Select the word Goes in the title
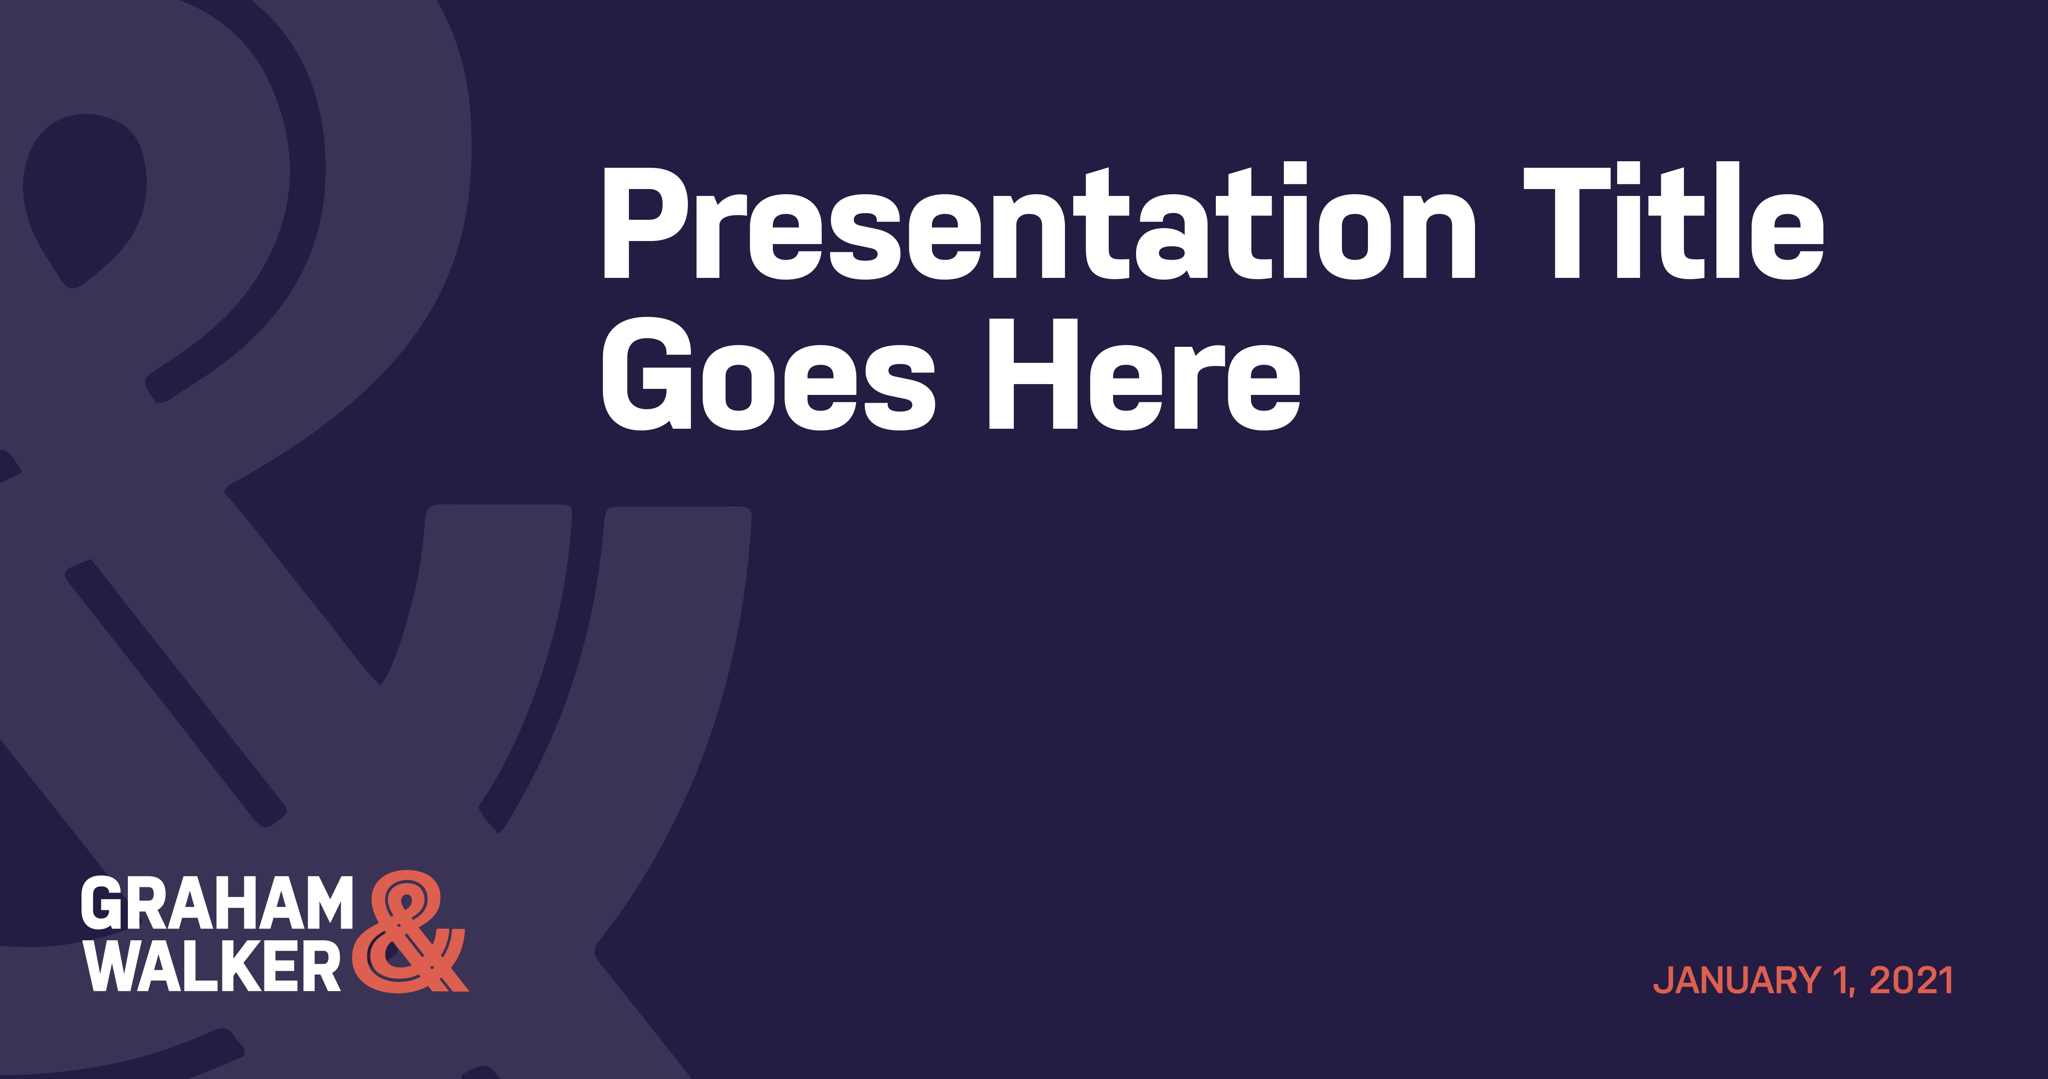tap(768, 374)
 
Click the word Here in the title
tap(1144, 374)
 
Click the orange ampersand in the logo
tap(410, 932)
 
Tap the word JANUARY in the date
tap(1738, 981)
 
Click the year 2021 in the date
tap(1911, 981)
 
